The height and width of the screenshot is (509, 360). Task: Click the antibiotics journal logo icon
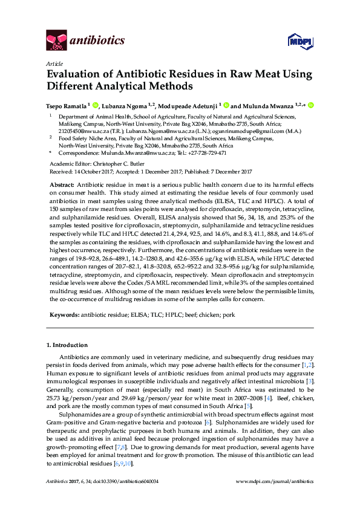56,41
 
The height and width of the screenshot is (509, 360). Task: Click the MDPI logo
300,41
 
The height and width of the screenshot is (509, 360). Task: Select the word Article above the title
54,63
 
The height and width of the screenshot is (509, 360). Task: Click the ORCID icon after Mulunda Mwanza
311,105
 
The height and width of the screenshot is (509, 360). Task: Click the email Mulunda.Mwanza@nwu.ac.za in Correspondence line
126,152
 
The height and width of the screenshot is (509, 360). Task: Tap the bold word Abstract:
61,184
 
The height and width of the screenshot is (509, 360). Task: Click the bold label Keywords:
64,315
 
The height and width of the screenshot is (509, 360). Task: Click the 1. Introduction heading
67,345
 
